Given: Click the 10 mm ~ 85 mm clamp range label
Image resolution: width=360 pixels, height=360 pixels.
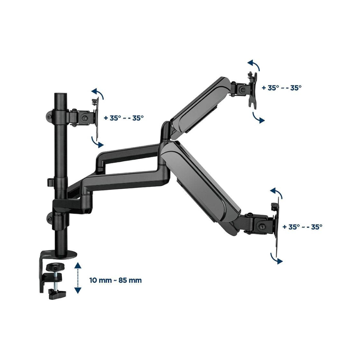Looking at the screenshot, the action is (116, 280).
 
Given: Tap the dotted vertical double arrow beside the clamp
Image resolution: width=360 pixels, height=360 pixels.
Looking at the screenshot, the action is (78, 278).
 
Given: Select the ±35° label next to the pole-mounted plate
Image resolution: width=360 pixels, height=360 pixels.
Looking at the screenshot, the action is (124, 118).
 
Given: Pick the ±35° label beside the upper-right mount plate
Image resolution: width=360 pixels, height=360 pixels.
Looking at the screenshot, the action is (282, 88).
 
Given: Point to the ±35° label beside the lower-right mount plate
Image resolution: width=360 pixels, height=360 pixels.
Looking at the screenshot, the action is (302, 227).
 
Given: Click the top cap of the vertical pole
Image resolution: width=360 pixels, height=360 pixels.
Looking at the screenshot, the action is (60, 95).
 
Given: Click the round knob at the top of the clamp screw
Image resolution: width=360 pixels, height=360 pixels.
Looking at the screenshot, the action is (55, 267).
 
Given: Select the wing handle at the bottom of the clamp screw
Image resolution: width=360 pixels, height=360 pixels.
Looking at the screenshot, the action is (57, 294).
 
